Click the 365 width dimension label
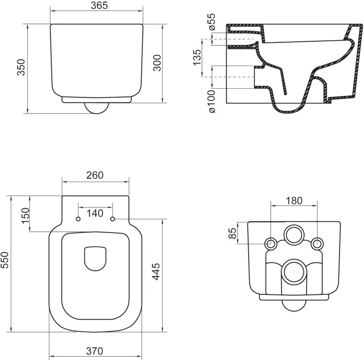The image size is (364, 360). click(96, 5)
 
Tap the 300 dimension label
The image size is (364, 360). click(157, 63)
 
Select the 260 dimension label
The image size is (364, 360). click(95, 175)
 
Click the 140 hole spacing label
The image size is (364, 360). click(95, 213)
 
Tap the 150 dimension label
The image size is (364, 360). click(25, 214)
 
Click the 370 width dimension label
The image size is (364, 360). click(96, 352)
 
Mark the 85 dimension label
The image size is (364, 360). click(232, 234)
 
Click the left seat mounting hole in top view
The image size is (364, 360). click(78, 219)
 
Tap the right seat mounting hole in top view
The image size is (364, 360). click(113, 219)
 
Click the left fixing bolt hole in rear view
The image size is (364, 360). click(271, 244)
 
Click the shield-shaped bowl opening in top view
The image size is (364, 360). click(96, 258)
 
